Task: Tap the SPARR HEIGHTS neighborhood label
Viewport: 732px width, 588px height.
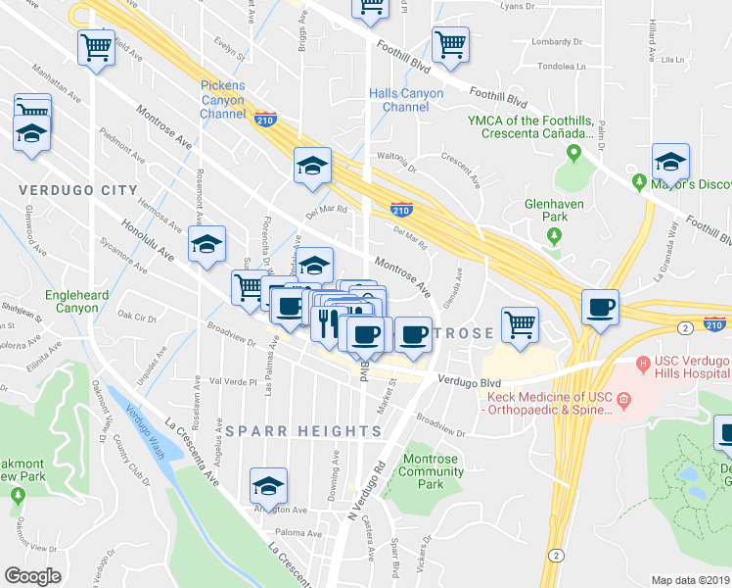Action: (x=303, y=431)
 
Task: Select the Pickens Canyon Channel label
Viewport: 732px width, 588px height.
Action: (x=223, y=100)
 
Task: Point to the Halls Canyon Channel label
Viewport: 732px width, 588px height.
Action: (x=405, y=100)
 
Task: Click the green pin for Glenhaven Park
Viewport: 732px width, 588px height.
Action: (x=554, y=236)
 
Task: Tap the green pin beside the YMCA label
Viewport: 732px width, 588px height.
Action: (x=574, y=153)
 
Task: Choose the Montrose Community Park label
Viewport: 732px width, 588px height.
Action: (x=431, y=471)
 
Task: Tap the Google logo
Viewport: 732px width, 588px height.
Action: (x=33, y=576)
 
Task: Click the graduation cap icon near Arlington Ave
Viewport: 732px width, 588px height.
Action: (x=267, y=484)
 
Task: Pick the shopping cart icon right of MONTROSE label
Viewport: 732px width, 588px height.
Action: (x=520, y=323)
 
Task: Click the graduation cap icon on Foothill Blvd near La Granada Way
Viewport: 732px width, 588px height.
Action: (x=670, y=161)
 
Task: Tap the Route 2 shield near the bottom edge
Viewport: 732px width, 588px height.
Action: (x=555, y=555)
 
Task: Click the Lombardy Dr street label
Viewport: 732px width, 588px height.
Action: (x=556, y=42)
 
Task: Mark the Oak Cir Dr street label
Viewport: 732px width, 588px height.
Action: (x=137, y=317)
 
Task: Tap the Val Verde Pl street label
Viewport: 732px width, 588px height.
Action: (x=232, y=381)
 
